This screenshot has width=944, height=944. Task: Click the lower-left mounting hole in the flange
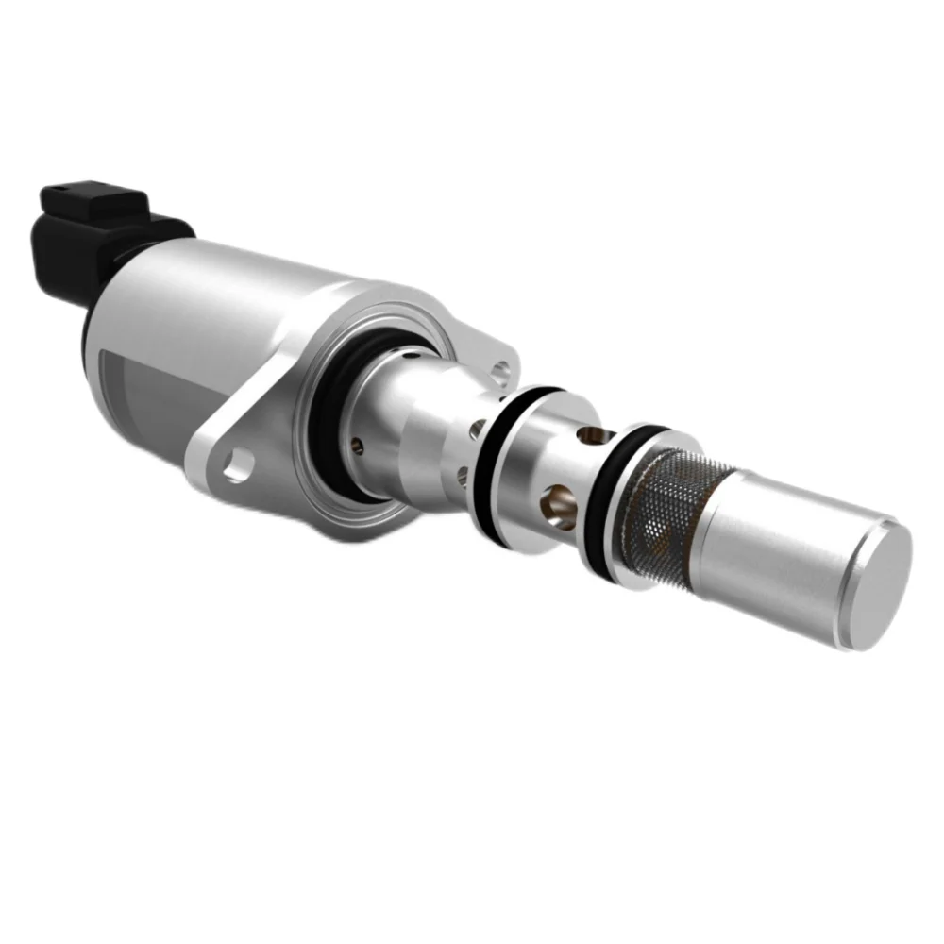pyautogui.click(x=235, y=464)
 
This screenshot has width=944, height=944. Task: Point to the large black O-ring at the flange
pyautogui.click(x=326, y=444)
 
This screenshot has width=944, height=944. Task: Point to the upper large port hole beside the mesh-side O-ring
pyautogui.click(x=592, y=436)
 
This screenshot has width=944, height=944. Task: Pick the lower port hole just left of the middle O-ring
pyautogui.click(x=463, y=473)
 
